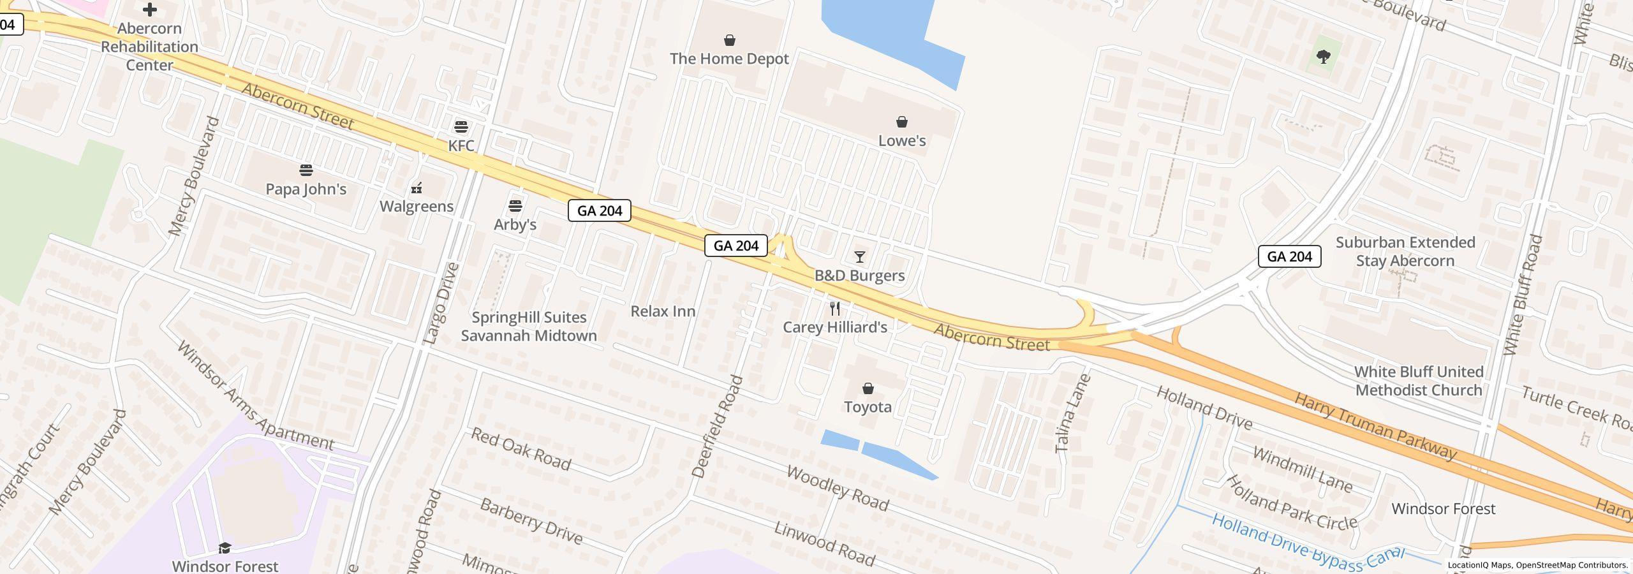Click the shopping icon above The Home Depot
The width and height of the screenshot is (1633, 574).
point(729,41)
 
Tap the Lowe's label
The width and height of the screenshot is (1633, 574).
point(901,140)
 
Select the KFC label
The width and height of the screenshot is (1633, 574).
point(461,145)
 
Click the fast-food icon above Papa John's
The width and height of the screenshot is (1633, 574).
point(306,170)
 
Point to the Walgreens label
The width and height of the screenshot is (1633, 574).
point(417,206)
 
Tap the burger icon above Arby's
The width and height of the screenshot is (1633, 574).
point(515,206)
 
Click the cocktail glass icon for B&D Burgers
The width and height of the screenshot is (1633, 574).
point(859,257)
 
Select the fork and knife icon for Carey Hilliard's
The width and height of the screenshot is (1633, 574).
point(834,309)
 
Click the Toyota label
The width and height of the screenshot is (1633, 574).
point(868,407)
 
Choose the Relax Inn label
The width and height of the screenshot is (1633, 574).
point(663,311)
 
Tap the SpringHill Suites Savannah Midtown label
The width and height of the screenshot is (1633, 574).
point(529,327)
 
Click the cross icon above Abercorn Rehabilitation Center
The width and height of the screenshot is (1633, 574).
point(149,10)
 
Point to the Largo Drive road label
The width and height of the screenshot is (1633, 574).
point(441,304)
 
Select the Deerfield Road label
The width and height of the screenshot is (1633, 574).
point(718,427)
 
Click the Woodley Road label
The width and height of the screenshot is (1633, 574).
point(837,489)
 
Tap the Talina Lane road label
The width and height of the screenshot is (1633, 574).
point(1073,413)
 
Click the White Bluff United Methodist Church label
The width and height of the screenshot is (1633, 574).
point(1419,381)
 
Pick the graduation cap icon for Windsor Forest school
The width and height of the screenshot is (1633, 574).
point(225,548)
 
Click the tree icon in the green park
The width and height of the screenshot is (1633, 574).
point(1323,57)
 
